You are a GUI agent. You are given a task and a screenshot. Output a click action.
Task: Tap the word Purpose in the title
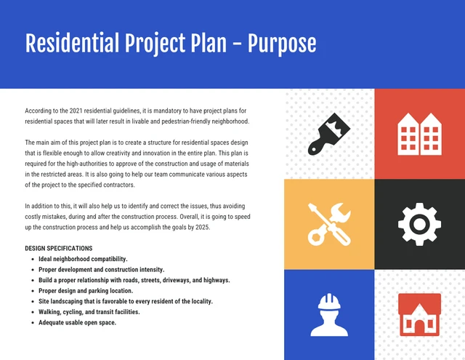tap(282, 44)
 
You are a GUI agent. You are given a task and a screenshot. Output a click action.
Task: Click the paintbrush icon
tap(329, 134)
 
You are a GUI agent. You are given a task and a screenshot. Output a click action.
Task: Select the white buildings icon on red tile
tap(419, 134)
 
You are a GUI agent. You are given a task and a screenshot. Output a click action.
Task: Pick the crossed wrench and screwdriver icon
tap(329, 223)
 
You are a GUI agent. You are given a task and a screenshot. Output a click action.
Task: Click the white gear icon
tap(419, 223)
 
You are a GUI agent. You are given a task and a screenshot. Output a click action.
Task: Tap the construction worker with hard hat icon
tap(329, 314)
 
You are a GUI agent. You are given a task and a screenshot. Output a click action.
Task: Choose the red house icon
tap(419, 314)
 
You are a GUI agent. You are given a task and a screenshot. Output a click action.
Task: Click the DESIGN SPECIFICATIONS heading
tap(58, 249)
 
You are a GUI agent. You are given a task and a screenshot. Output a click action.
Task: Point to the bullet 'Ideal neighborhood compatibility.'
tap(83, 259)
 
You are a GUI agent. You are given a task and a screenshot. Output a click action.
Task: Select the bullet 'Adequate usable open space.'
tap(77, 322)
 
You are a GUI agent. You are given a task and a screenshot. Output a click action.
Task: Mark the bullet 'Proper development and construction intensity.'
tap(101, 269)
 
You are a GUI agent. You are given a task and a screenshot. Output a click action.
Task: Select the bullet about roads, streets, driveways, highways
tap(134, 280)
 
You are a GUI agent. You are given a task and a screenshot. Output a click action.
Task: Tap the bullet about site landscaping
tap(126, 301)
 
